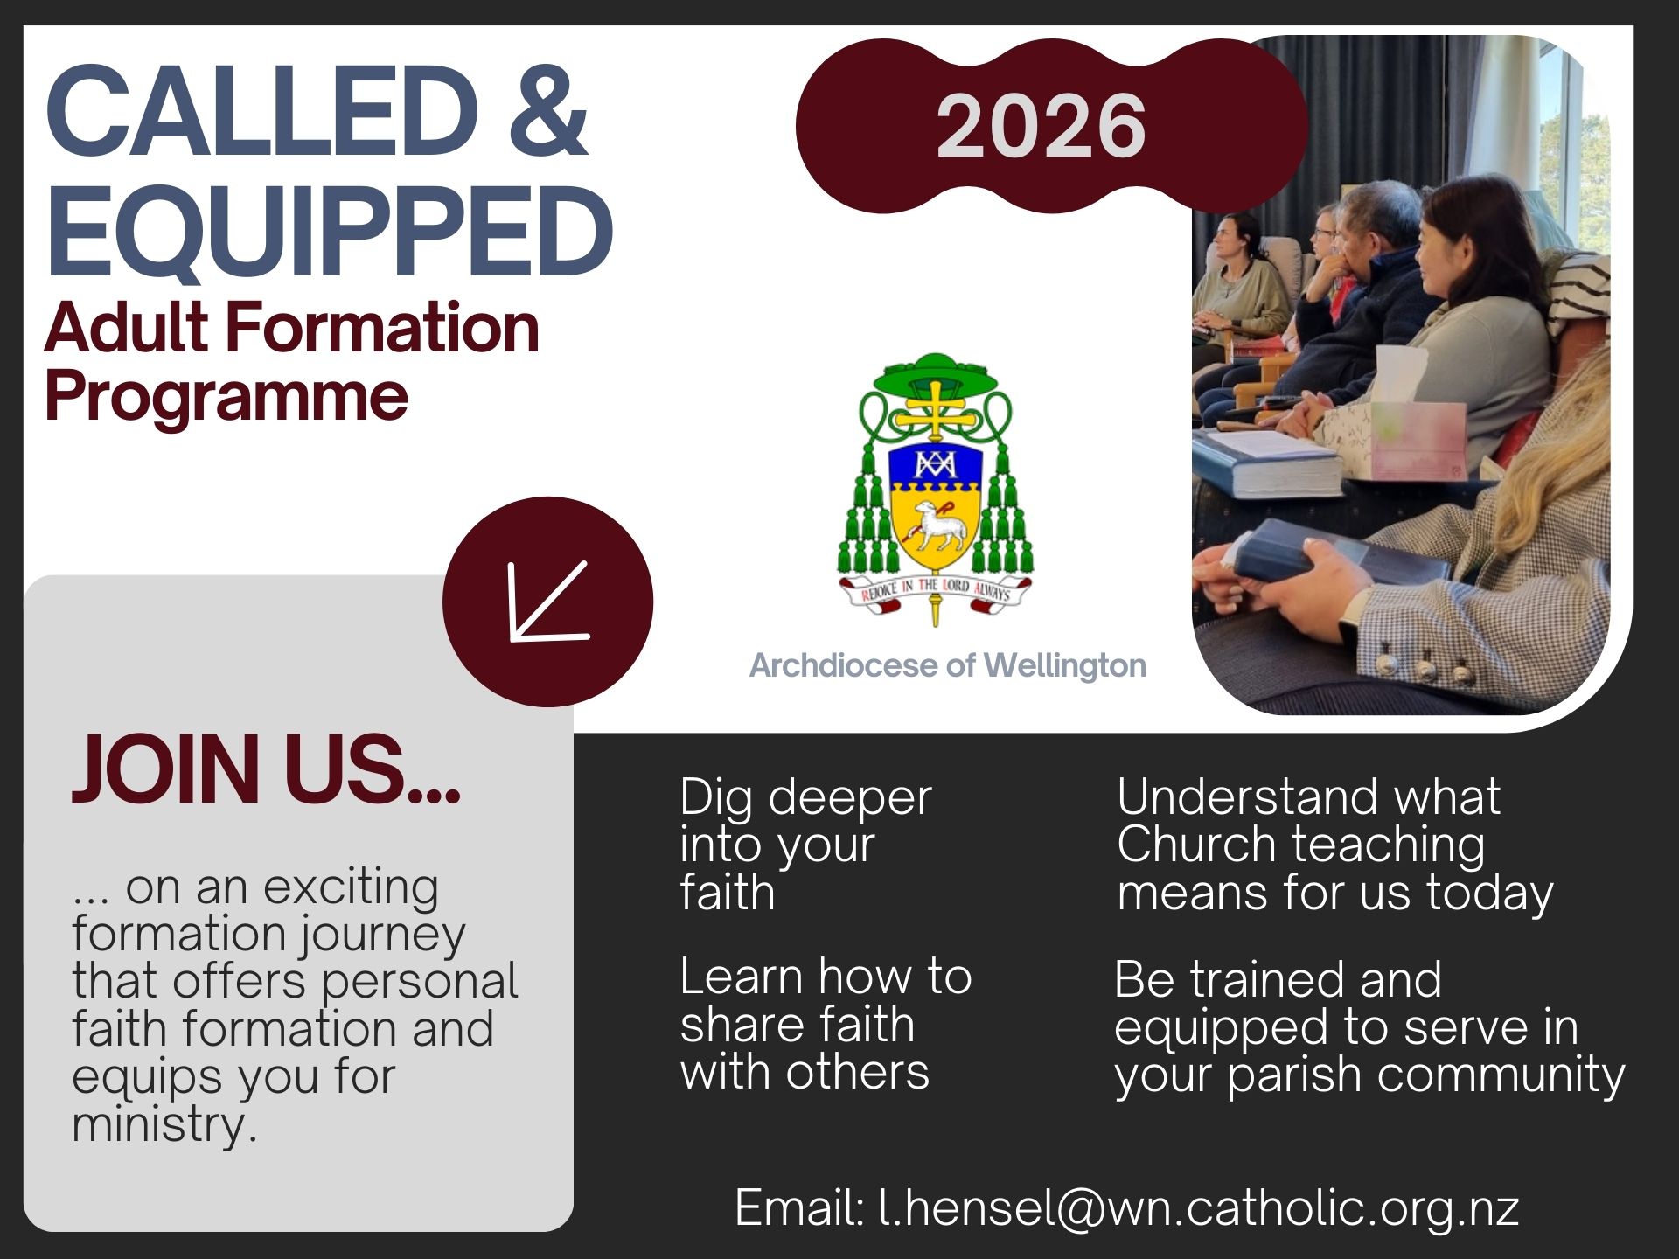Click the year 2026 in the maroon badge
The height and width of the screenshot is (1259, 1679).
pos(1041,126)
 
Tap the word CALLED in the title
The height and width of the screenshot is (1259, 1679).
pos(262,111)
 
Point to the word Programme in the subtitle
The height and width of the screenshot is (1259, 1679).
pos(226,396)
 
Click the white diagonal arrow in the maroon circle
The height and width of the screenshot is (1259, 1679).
pos(548,602)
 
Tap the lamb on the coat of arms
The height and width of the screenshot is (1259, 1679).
pos(936,525)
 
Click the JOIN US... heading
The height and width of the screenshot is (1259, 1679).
pos(266,769)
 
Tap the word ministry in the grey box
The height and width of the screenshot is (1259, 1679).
pos(164,1125)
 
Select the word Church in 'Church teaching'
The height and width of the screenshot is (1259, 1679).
pos(1196,845)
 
